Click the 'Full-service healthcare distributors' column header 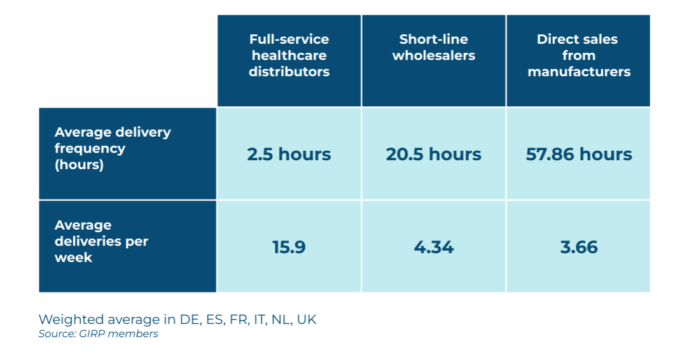click(x=289, y=56)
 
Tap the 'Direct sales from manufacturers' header click(x=578, y=56)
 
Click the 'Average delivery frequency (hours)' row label click(x=113, y=148)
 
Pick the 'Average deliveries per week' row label click(x=102, y=241)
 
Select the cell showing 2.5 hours click(x=289, y=155)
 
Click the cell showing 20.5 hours click(x=433, y=155)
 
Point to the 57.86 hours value click(x=578, y=155)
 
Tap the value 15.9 click(x=289, y=247)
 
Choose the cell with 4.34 click(x=433, y=247)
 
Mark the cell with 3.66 click(x=578, y=247)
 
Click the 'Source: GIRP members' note click(x=98, y=334)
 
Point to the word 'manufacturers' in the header click(x=578, y=72)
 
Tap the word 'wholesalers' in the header click(x=433, y=56)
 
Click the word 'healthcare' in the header click(x=289, y=56)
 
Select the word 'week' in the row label click(x=73, y=258)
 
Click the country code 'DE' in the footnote click(x=188, y=319)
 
